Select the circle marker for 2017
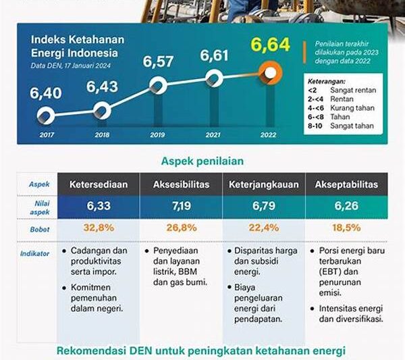pos(46,114)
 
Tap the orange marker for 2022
pos(271,72)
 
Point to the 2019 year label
pos(157,134)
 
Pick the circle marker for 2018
pos(102,110)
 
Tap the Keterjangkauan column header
pos(265,184)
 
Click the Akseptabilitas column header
pos(347,184)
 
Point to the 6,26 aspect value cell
pos(347,205)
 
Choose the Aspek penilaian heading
pos(202,161)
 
